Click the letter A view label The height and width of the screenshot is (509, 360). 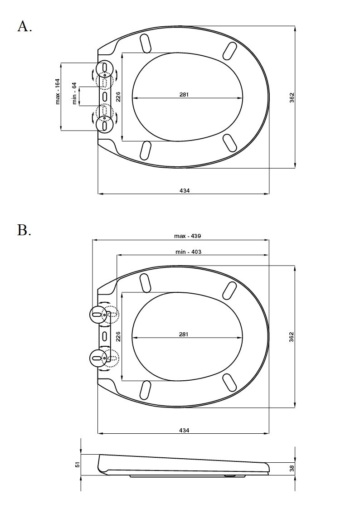[24, 26]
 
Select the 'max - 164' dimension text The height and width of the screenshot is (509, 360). [58, 91]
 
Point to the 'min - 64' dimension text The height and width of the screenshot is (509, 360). [74, 93]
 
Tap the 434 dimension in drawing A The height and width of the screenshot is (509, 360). [185, 190]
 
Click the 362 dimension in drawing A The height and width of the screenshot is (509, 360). [292, 98]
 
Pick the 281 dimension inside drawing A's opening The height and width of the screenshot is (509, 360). [184, 94]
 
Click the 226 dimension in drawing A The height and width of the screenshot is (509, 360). [118, 97]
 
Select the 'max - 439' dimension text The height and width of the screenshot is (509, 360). [188, 236]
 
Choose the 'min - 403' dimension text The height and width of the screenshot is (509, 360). [188, 252]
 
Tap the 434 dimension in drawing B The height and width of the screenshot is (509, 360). [184, 430]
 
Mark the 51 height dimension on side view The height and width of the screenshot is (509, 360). [77, 465]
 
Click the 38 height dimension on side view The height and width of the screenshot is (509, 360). [292, 468]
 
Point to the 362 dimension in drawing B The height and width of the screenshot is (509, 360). [292, 337]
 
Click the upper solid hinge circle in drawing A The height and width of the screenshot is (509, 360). [105, 68]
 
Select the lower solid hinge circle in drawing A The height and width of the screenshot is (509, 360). [105, 124]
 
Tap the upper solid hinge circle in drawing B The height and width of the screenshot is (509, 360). [97, 315]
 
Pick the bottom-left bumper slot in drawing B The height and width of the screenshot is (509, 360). [145, 389]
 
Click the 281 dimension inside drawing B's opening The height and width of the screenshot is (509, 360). [184, 334]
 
